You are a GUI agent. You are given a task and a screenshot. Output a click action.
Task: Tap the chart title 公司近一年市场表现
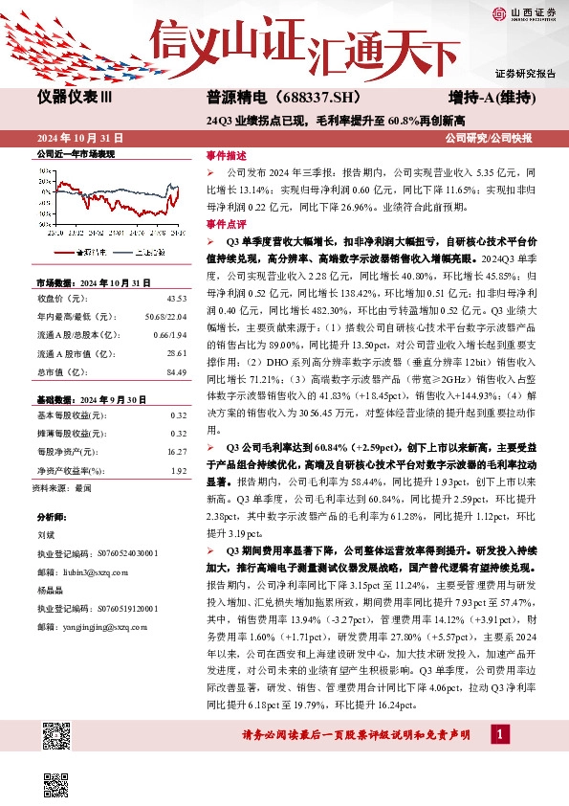[75, 153]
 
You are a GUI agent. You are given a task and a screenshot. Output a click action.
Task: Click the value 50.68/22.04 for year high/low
[164, 318]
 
